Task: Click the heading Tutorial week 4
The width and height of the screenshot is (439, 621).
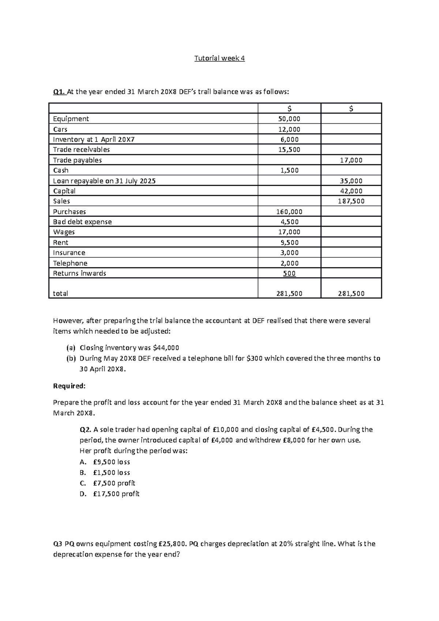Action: [x=219, y=58]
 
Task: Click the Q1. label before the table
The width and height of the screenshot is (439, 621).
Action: [x=59, y=92]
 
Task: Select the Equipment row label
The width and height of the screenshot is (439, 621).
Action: [x=71, y=119]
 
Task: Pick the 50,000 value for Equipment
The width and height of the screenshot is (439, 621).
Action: [x=289, y=119]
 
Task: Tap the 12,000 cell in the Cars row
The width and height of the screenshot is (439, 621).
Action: [x=289, y=129]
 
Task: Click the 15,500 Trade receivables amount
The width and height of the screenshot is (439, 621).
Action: [x=289, y=150]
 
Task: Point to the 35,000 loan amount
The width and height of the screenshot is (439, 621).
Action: [x=351, y=181]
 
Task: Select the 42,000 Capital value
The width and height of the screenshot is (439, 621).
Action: [x=351, y=191]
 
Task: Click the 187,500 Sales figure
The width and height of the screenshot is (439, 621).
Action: [x=351, y=201]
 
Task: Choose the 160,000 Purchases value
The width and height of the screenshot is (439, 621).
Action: [x=289, y=212]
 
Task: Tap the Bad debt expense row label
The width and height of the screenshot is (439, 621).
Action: [x=82, y=222]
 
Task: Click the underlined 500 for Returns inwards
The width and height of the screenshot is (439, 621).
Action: [x=289, y=274]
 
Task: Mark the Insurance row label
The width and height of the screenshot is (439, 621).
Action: [x=69, y=253]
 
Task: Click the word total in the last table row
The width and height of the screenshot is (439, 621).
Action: [x=60, y=293]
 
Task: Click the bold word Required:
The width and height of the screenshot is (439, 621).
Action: [x=69, y=386]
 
